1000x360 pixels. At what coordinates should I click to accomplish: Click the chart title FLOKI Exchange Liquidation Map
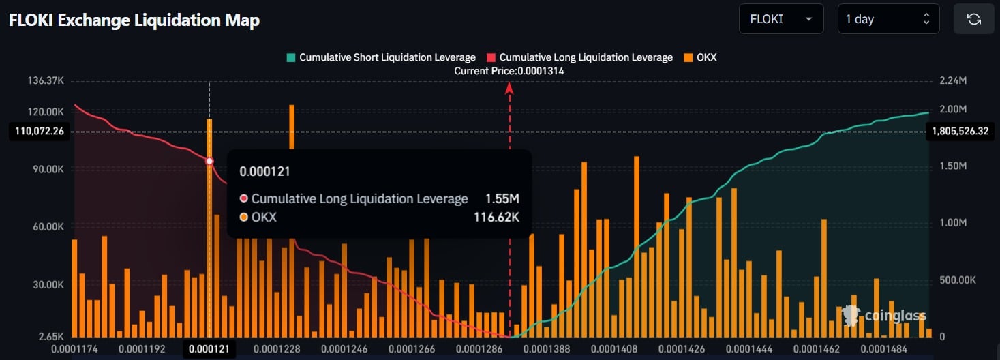(x=134, y=20)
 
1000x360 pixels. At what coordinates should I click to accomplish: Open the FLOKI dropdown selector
(x=781, y=19)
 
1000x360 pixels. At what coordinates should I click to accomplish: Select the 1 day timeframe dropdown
(x=888, y=19)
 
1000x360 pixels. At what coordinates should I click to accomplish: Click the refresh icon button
(x=973, y=19)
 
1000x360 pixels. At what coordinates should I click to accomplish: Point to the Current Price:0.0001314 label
(x=509, y=71)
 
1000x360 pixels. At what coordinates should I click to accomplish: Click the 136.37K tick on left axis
(x=46, y=81)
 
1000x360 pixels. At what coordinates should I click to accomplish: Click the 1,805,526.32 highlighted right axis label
(x=960, y=131)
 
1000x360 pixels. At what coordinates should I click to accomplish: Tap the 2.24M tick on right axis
(x=952, y=81)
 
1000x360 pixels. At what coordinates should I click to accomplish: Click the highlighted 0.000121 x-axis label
(x=209, y=349)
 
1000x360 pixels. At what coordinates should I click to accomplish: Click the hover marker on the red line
(x=209, y=162)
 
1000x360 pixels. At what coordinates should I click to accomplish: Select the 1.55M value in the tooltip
(x=502, y=198)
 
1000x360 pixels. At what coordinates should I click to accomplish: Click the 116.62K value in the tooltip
(x=496, y=217)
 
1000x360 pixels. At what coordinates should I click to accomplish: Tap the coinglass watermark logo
(x=884, y=315)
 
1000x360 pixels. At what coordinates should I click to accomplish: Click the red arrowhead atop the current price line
(x=509, y=87)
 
